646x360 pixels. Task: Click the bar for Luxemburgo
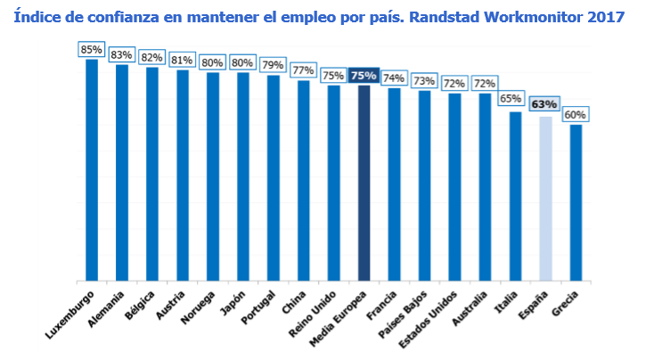click(91, 169)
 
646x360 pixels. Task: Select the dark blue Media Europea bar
click(364, 183)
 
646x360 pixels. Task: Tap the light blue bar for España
click(545, 198)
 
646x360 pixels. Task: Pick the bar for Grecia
click(576, 202)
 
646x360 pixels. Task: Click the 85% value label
click(91, 50)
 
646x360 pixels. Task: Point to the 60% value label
click(576, 115)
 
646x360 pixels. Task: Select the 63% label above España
click(544, 104)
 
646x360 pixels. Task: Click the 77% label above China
click(303, 70)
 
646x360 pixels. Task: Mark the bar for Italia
click(515, 196)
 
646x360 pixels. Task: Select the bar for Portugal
click(273, 177)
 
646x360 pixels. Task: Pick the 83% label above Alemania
click(121, 55)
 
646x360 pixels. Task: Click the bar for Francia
click(394, 184)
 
